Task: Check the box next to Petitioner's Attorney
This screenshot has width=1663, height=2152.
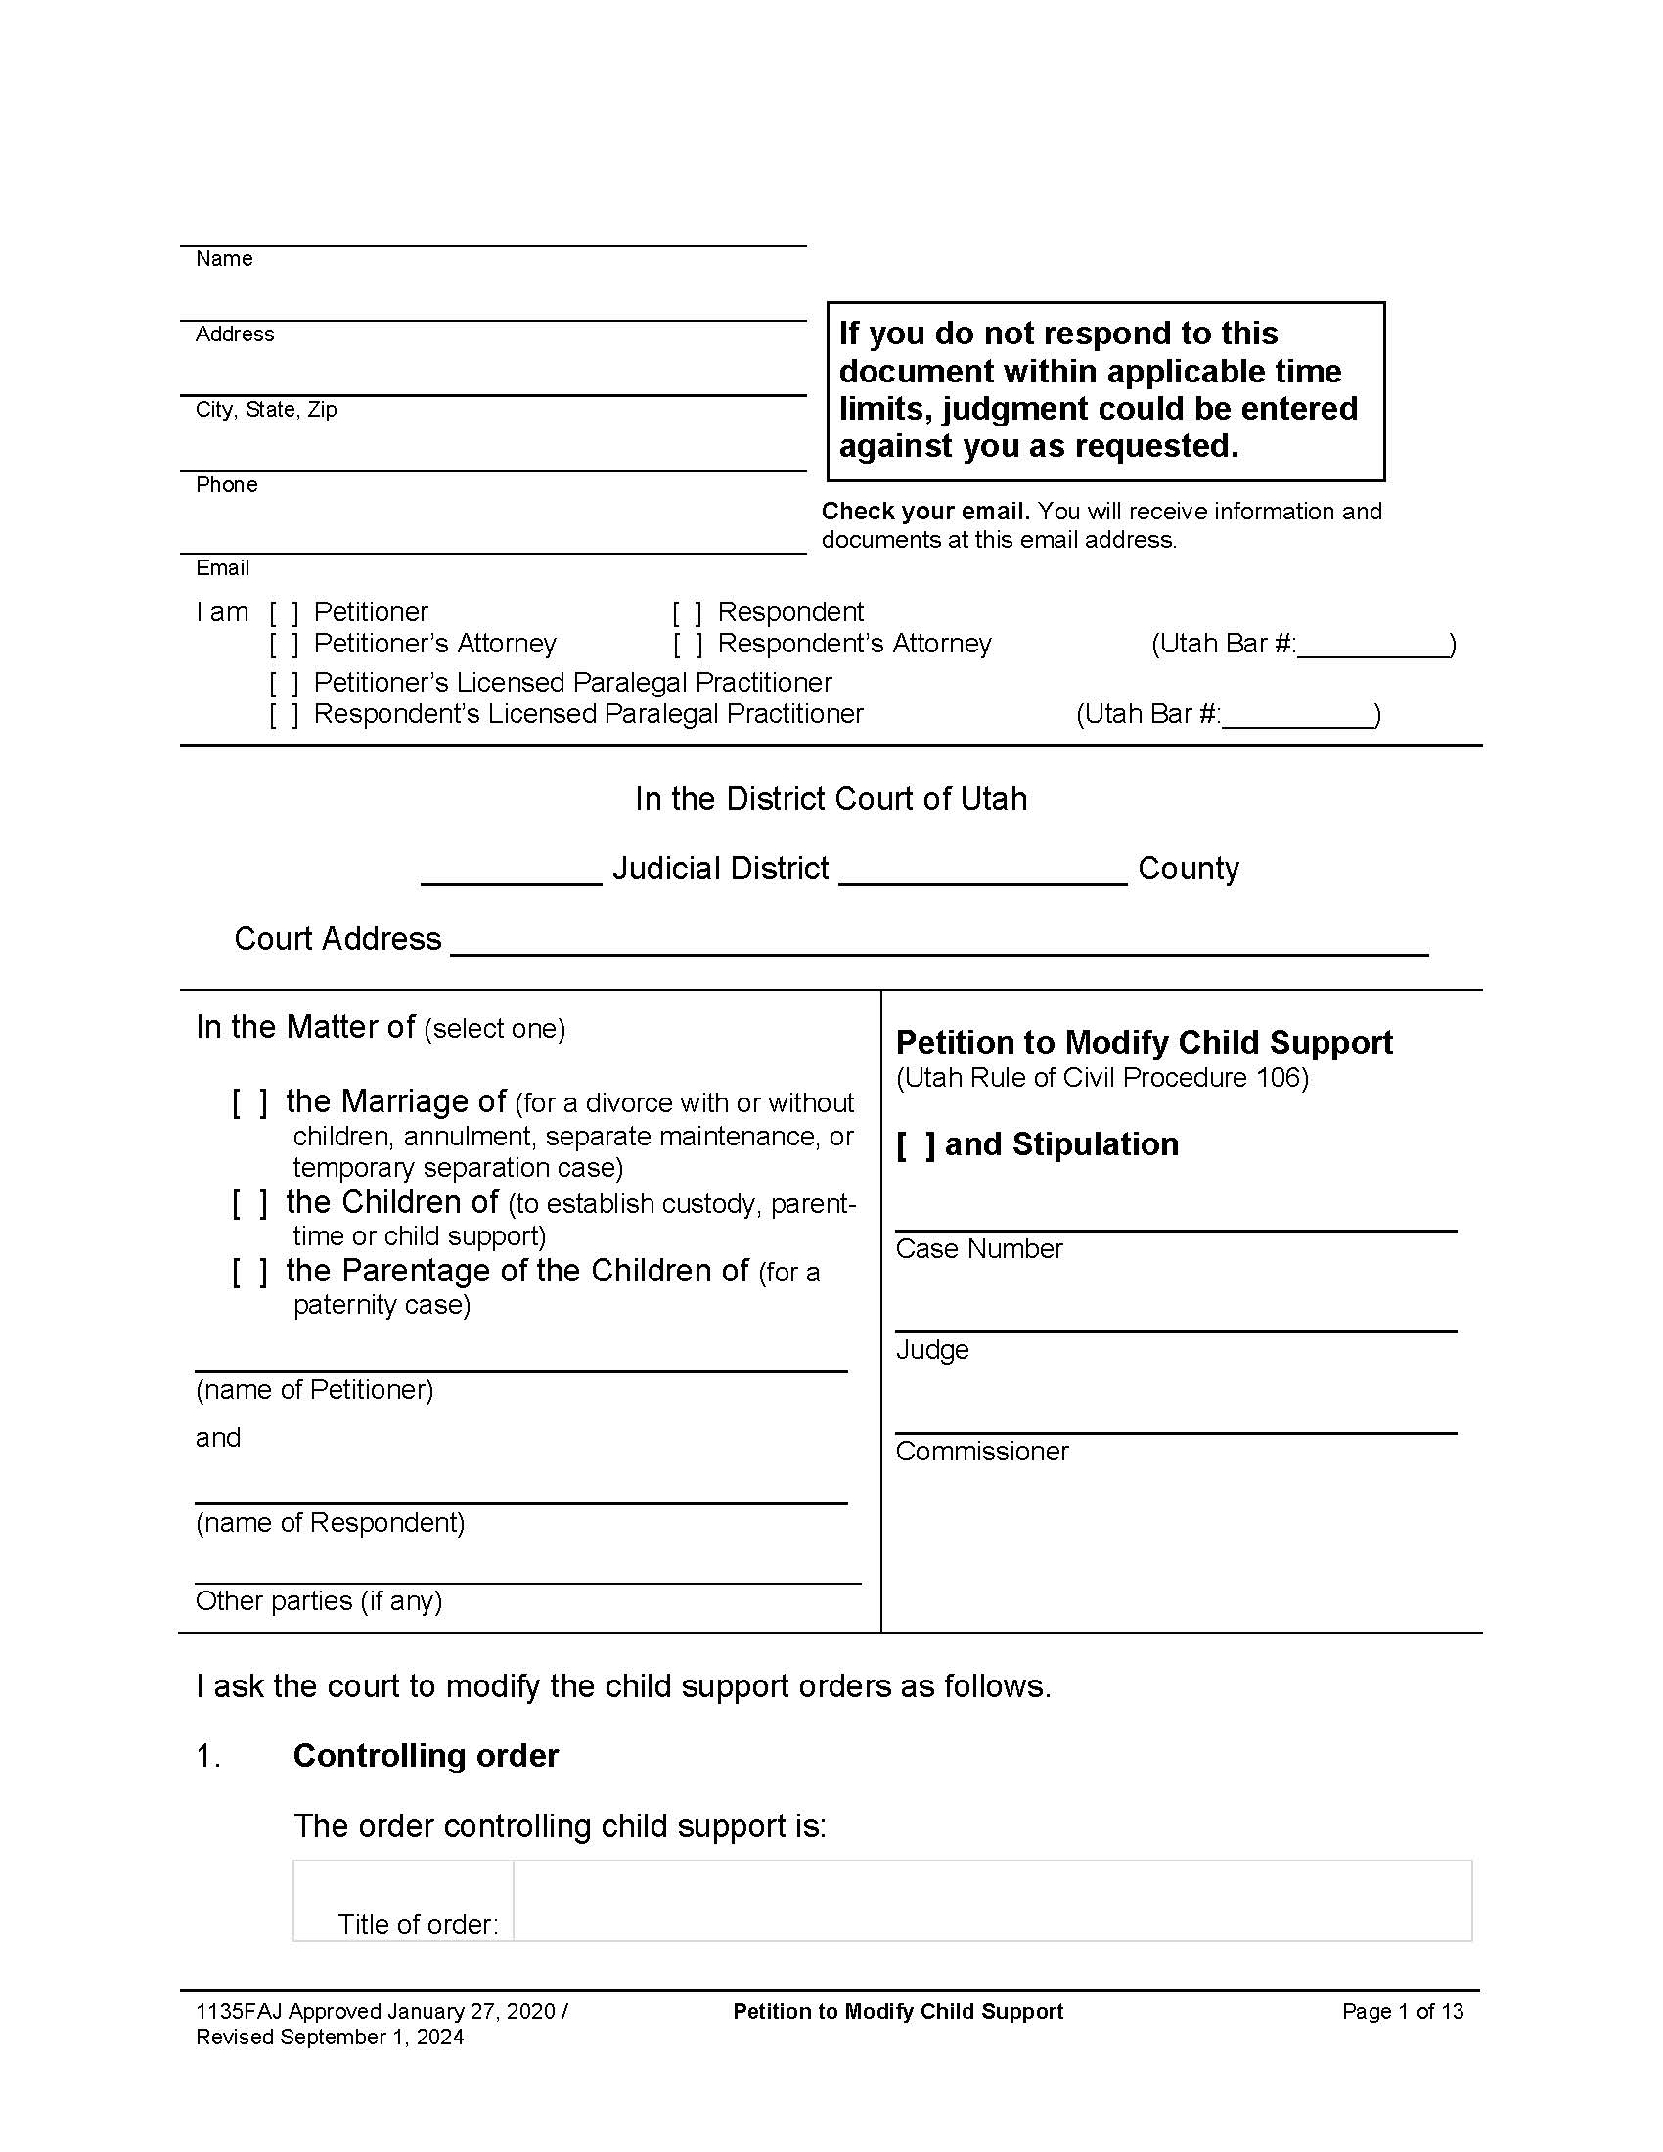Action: [284, 645]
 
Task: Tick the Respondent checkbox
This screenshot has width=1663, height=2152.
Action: [687, 613]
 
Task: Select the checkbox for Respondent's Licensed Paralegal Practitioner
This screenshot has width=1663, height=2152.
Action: [284, 714]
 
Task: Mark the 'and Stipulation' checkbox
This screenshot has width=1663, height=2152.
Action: [916, 1145]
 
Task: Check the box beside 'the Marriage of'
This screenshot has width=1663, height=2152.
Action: [249, 1102]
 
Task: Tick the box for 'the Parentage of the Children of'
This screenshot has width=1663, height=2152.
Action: [249, 1272]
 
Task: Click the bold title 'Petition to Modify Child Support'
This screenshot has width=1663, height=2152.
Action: [1143, 1043]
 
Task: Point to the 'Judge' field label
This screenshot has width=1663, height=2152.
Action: [931, 1350]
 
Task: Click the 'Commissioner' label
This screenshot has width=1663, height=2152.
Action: [981, 1452]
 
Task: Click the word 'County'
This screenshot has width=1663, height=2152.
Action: [1188, 869]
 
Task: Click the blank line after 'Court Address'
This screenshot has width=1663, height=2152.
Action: [938, 942]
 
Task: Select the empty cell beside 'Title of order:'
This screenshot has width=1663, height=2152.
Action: [991, 1901]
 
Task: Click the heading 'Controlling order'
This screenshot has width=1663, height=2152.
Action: [426, 1756]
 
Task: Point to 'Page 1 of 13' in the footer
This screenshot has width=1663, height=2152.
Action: [1402, 2012]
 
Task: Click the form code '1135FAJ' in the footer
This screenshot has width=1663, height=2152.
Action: [239, 2012]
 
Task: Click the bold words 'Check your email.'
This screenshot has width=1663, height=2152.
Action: [925, 512]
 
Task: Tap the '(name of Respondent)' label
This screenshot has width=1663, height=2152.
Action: [330, 1523]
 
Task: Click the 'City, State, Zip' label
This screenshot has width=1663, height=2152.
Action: [266, 410]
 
